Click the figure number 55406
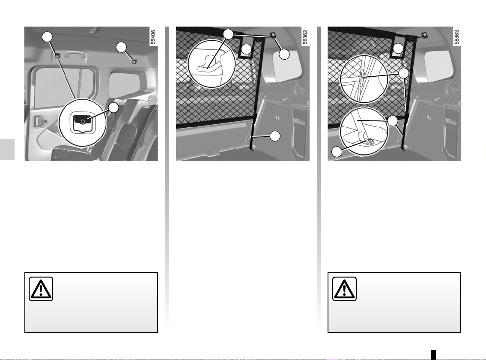click(153, 37)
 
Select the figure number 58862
click(305, 37)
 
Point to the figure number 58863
click(457, 37)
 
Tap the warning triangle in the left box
click(41, 289)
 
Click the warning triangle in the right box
click(344, 289)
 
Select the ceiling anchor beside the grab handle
click(57, 56)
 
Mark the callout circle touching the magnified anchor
click(114, 108)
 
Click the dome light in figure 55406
click(93, 30)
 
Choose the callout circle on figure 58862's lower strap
click(275, 136)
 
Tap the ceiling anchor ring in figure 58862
click(272, 35)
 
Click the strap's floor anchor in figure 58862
click(253, 148)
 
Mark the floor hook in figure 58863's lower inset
click(369, 142)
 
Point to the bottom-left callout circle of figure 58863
click(337, 152)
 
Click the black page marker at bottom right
click(433, 354)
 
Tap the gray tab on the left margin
click(7, 150)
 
